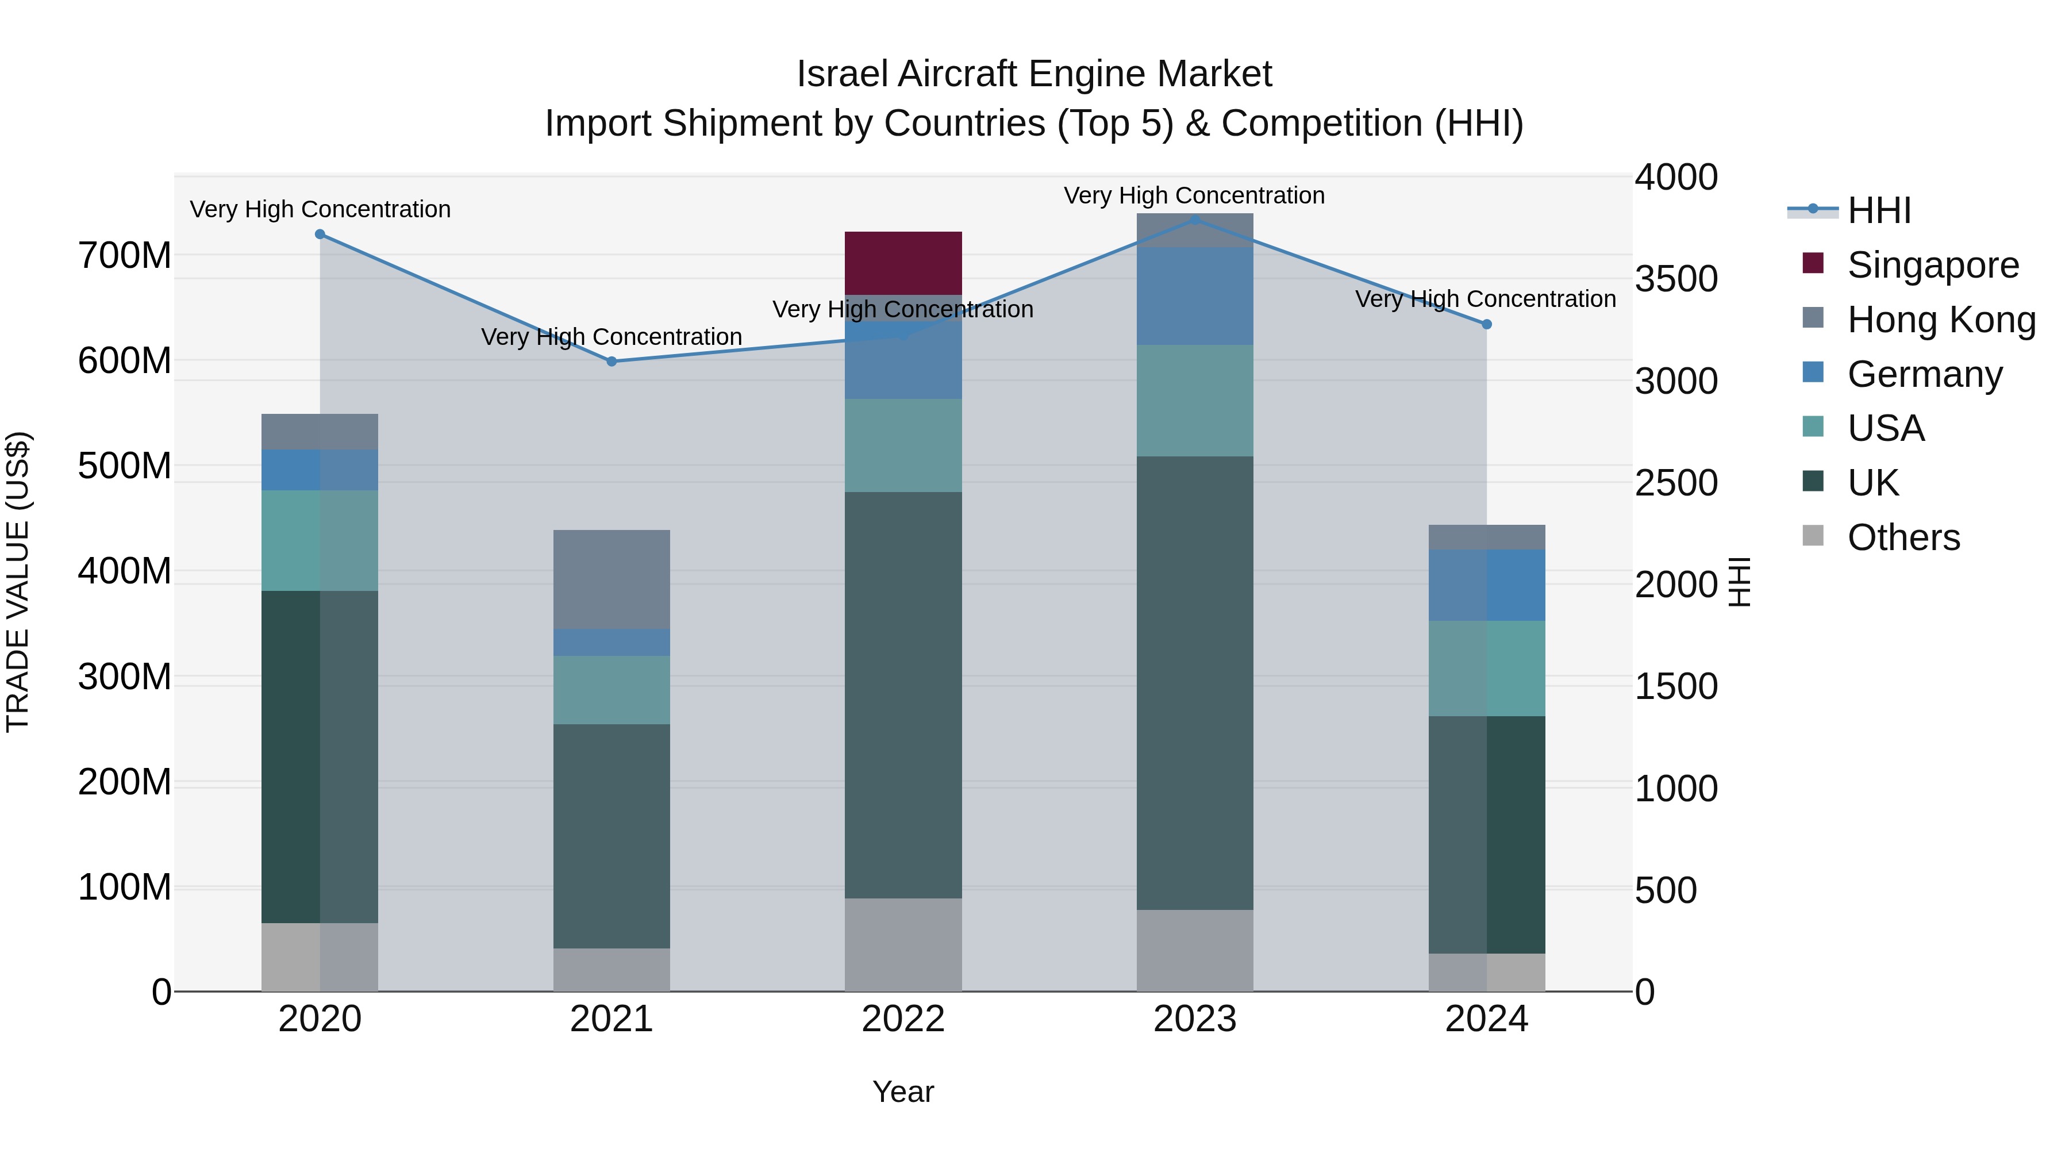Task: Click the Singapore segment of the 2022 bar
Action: [903, 263]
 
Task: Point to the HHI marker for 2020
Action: [320, 235]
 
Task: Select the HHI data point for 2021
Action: [612, 362]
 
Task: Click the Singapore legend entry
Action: [1932, 265]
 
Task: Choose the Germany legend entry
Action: [1924, 374]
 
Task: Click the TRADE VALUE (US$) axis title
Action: [18, 582]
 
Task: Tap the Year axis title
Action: [903, 1092]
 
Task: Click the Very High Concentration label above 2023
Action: [1194, 195]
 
